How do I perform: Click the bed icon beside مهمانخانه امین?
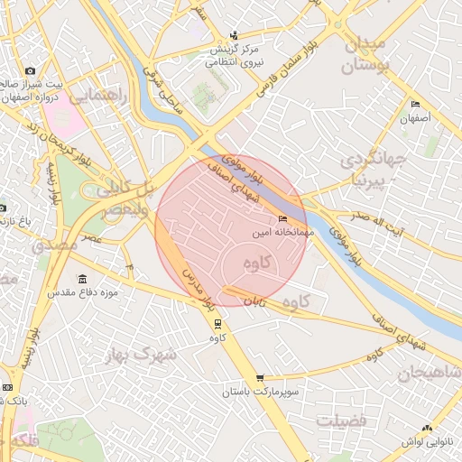tap(283, 218)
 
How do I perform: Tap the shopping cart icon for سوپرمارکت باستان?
tap(260, 378)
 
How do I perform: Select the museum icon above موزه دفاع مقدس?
tap(84, 278)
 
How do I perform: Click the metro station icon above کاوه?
tap(217, 323)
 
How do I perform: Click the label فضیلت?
tap(340, 420)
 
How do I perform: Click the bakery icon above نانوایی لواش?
tap(427, 428)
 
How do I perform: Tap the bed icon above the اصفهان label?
tap(415, 105)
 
